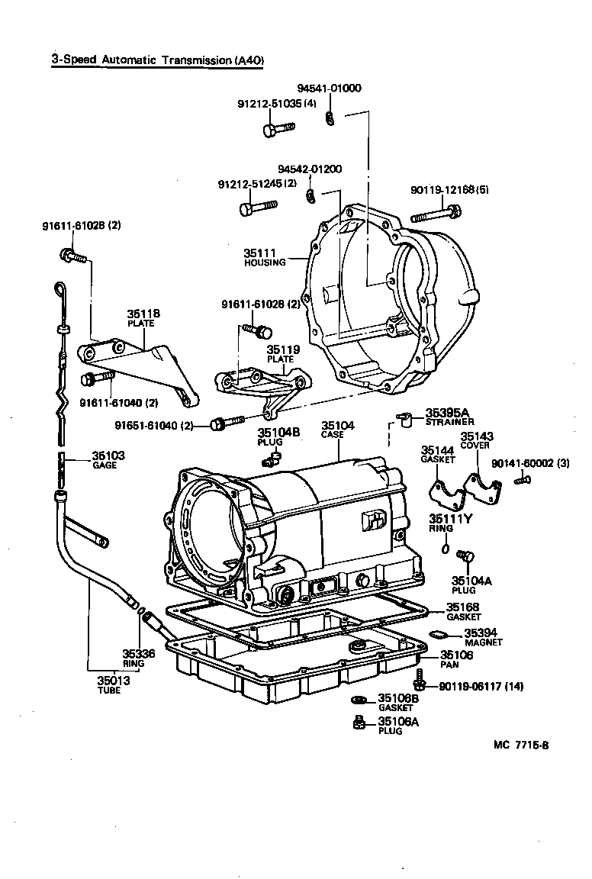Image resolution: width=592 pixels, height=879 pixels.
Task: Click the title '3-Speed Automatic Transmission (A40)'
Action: point(157,61)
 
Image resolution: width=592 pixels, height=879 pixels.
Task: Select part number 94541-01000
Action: point(330,89)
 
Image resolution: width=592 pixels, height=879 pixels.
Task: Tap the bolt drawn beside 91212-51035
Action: point(278,130)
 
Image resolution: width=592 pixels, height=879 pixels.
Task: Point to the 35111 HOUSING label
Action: point(264,257)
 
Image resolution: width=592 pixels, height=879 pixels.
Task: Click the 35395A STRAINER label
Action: point(449,417)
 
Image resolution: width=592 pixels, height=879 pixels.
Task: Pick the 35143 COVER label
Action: point(476,440)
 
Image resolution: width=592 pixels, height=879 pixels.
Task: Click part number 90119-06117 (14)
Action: point(481,686)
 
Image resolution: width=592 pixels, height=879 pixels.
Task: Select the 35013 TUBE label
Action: point(113,684)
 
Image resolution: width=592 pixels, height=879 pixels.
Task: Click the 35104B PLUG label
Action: point(278,436)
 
